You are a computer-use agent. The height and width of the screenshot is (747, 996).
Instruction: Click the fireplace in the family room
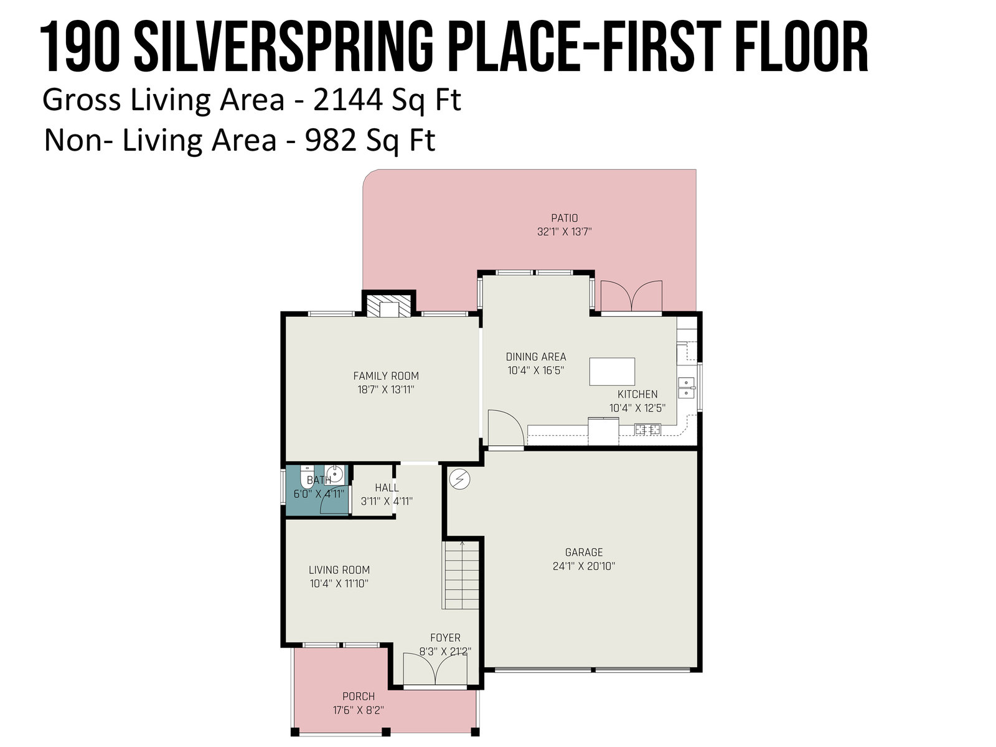(x=388, y=306)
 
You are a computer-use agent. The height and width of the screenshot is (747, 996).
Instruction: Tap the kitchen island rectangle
(x=612, y=372)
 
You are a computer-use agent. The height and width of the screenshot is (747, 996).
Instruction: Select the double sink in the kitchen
(x=686, y=388)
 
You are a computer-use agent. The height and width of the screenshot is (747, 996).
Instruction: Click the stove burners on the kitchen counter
(x=647, y=429)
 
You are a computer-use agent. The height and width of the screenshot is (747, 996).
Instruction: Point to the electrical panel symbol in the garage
(x=459, y=479)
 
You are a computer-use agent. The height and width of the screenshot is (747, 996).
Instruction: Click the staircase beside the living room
(x=461, y=575)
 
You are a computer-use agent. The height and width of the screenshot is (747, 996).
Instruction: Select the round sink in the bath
(x=334, y=474)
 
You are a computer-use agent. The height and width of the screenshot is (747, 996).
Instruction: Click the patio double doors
(x=631, y=296)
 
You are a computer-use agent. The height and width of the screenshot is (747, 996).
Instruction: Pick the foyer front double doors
(x=435, y=669)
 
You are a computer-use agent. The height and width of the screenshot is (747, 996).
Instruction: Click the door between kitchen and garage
(x=505, y=429)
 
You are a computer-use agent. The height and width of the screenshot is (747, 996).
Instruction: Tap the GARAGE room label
(x=583, y=552)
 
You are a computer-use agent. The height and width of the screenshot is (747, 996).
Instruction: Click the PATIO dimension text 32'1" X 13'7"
(x=564, y=232)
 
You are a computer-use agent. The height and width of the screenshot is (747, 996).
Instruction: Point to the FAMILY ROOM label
(x=386, y=375)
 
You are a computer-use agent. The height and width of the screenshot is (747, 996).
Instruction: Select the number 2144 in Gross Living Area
(x=347, y=100)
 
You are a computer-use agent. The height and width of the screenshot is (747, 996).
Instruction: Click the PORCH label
(x=359, y=696)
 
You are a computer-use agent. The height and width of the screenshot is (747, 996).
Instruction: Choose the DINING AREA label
(x=536, y=357)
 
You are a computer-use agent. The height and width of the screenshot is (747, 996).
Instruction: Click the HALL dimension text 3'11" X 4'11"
(x=387, y=501)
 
